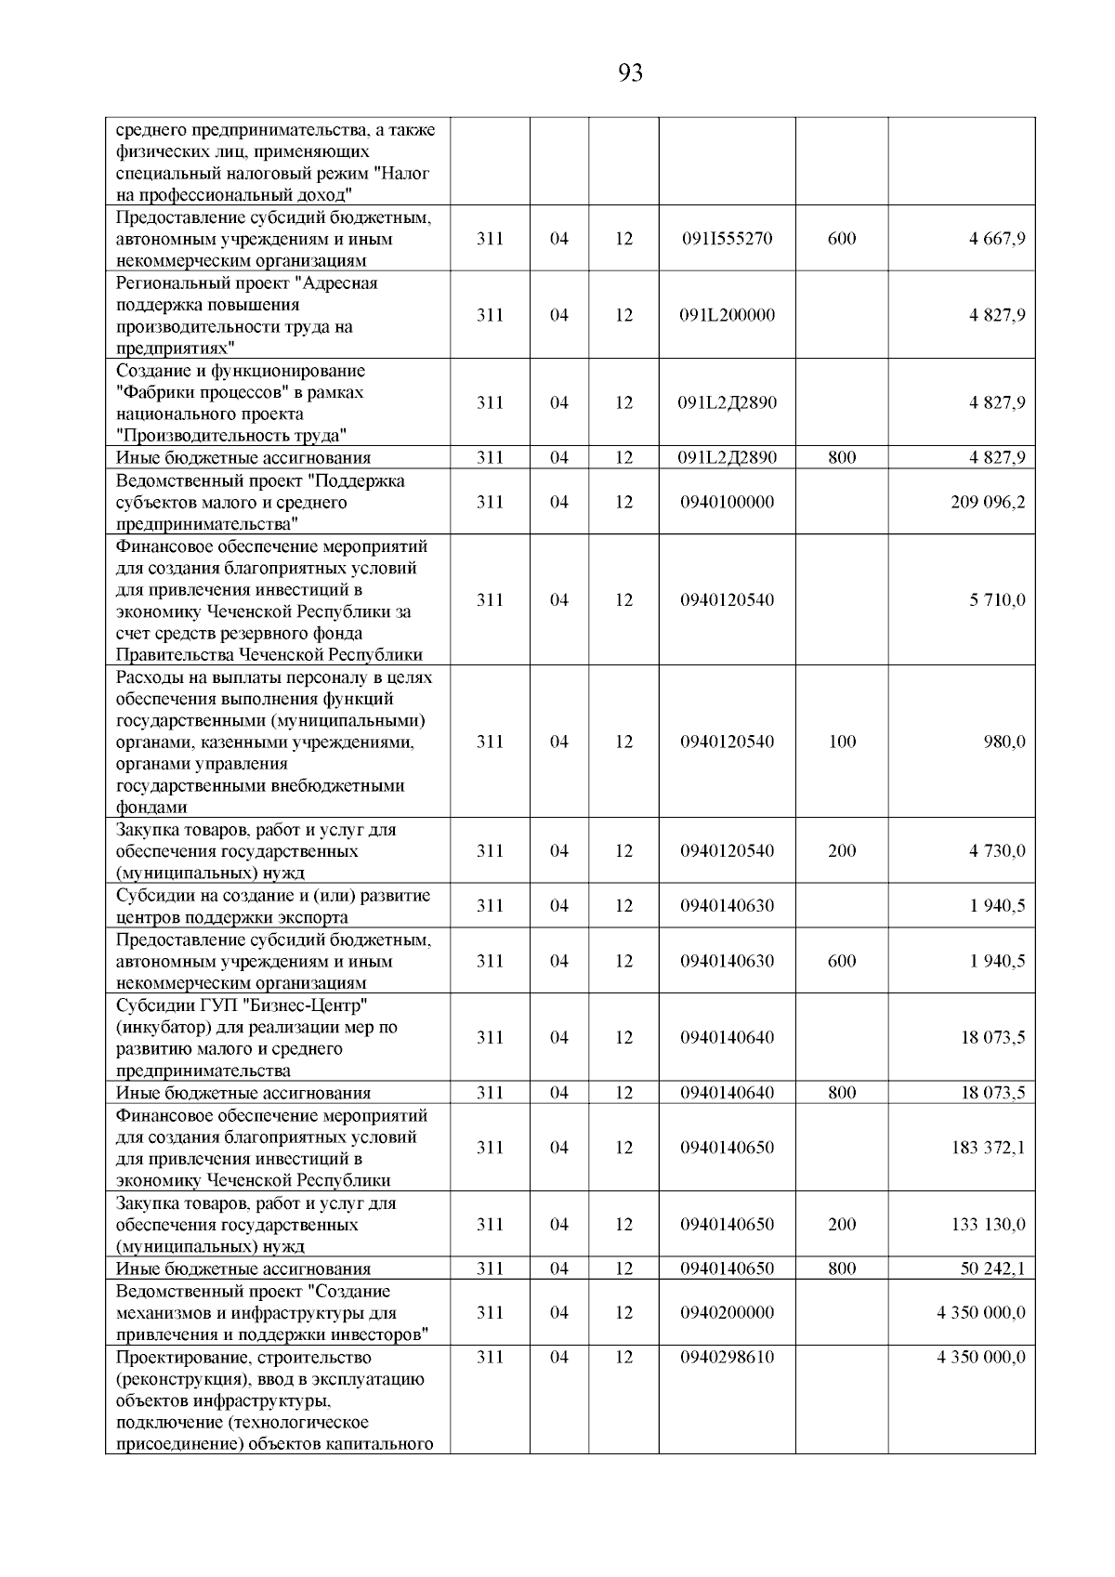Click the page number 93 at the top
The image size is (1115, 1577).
pos(630,73)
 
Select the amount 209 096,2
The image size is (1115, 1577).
pos(986,502)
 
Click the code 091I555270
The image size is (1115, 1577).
pos(727,239)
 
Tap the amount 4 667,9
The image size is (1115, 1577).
pos(998,239)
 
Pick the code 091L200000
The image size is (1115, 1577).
pos(727,315)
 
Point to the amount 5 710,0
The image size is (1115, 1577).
pos(998,600)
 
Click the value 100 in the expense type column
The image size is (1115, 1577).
pos(842,742)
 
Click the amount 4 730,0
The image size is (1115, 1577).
pos(998,851)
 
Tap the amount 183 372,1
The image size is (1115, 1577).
pos(988,1148)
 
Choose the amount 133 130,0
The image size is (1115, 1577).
pos(988,1225)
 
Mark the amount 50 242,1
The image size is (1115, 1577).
pos(992,1269)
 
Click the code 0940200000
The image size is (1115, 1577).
pos(727,1313)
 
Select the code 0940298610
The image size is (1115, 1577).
pos(727,1358)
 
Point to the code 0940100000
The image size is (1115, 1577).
pos(727,502)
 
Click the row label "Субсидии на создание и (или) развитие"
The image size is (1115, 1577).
pos(273,896)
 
